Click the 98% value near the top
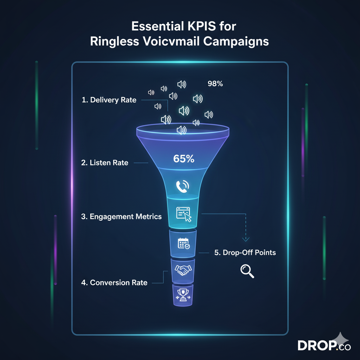coord(215,84)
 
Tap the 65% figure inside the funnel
coord(184,159)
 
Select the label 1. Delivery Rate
coord(109,100)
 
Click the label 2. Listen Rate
coord(104,163)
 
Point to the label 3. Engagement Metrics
coord(121,216)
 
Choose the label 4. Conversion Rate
coord(114,282)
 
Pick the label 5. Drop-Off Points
coord(245,252)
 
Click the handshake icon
coord(183,270)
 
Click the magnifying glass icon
coord(247,271)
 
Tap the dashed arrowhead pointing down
coord(245,239)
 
